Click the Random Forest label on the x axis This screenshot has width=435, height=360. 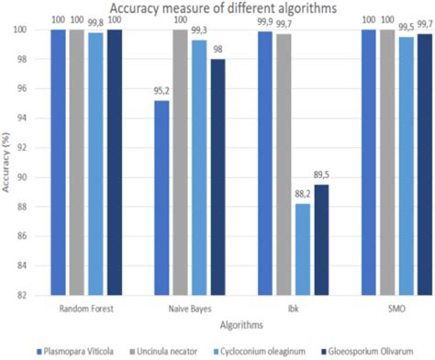(86, 310)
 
